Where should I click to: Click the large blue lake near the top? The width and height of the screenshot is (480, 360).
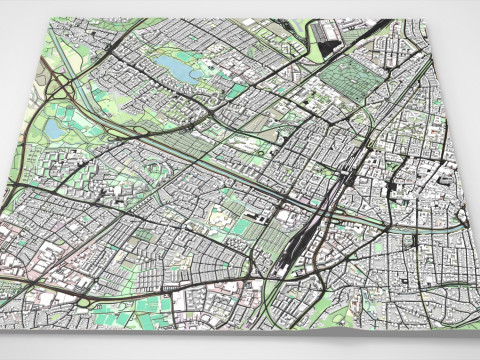(175, 68)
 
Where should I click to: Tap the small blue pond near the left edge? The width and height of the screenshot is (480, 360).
(51, 128)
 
